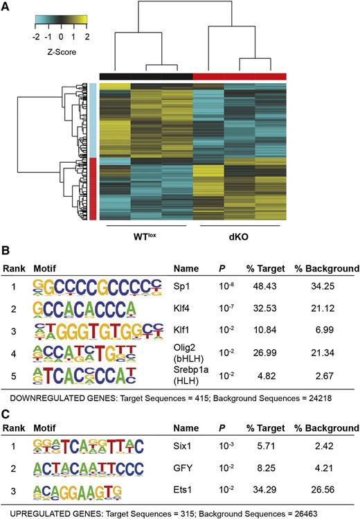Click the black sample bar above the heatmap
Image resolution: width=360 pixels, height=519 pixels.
145,76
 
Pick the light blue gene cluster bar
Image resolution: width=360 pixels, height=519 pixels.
92,120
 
